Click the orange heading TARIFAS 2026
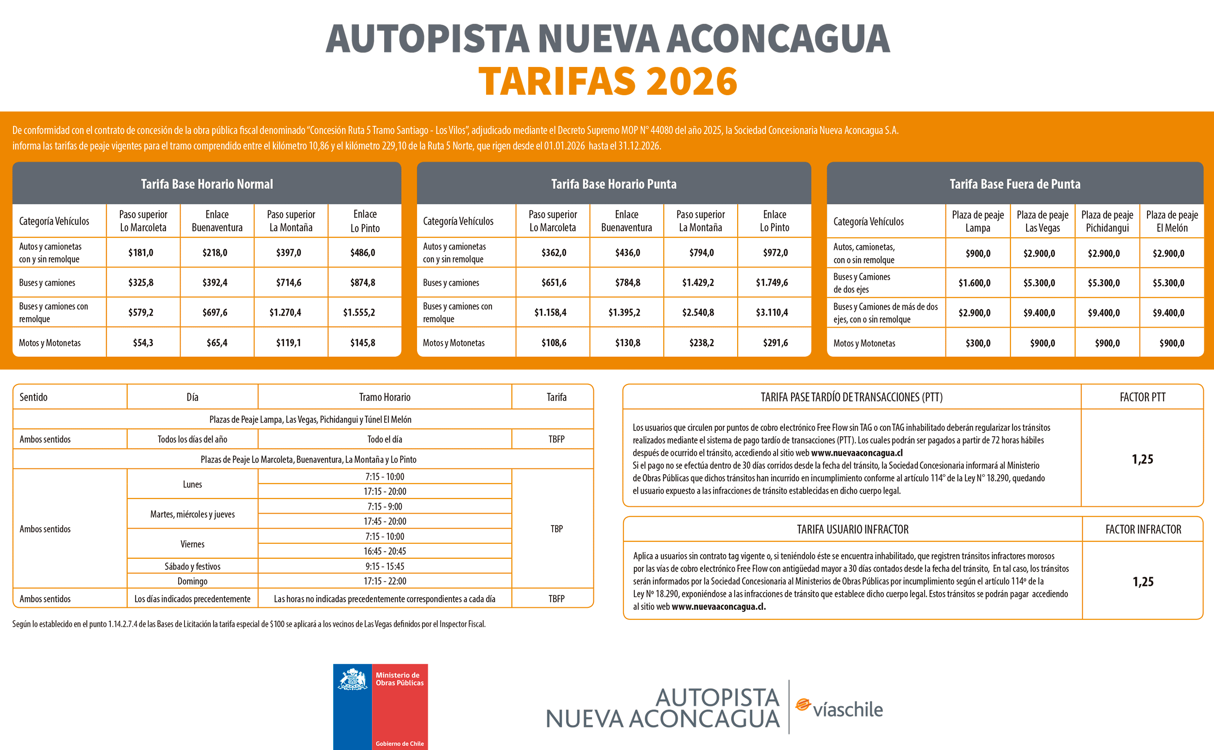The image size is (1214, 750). click(x=607, y=81)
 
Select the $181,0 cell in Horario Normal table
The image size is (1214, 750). click(x=141, y=252)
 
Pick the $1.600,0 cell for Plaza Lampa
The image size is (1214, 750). click(x=975, y=283)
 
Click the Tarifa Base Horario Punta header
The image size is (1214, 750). click(x=614, y=184)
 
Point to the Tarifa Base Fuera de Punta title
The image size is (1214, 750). click(x=1014, y=184)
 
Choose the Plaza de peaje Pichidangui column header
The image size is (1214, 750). click(x=1107, y=221)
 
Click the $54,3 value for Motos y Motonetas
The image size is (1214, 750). click(x=143, y=343)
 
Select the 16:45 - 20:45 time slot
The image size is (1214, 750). click(x=385, y=551)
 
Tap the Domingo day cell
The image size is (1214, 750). click(x=192, y=581)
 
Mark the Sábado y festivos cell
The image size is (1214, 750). click(x=192, y=566)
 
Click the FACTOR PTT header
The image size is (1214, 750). click(x=1142, y=397)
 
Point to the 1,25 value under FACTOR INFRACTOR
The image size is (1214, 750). click(x=1143, y=582)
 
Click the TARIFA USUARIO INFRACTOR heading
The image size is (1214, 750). click(x=852, y=529)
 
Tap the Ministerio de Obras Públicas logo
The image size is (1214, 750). click(x=380, y=706)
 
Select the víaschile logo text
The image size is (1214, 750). click(x=847, y=709)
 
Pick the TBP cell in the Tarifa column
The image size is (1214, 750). click(x=556, y=529)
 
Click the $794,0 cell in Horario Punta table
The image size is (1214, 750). click(x=701, y=252)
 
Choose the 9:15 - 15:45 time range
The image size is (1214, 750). click(x=385, y=566)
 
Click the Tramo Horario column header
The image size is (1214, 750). click(x=385, y=397)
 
